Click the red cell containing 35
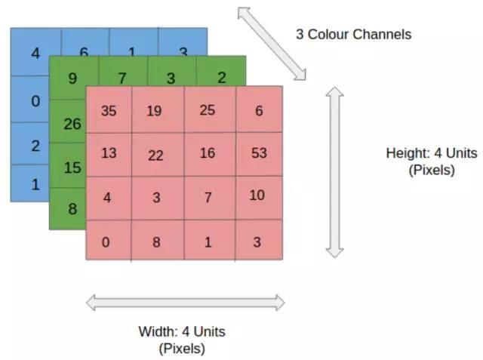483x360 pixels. click(109, 110)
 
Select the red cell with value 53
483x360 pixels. click(259, 154)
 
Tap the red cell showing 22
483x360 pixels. click(155, 155)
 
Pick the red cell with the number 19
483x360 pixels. click(155, 111)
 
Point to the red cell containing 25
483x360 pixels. click(208, 110)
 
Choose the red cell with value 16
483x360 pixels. click(208, 154)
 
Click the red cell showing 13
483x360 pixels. click(109, 153)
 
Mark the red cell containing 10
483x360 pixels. click(257, 196)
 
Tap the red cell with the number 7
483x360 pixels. click(208, 198)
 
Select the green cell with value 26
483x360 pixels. click(71, 122)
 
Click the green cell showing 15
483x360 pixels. click(71, 167)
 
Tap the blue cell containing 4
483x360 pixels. click(35, 54)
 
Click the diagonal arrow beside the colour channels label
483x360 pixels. click(272, 43)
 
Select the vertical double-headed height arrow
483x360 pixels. click(335, 172)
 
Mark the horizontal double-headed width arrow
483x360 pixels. click(186, 303)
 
